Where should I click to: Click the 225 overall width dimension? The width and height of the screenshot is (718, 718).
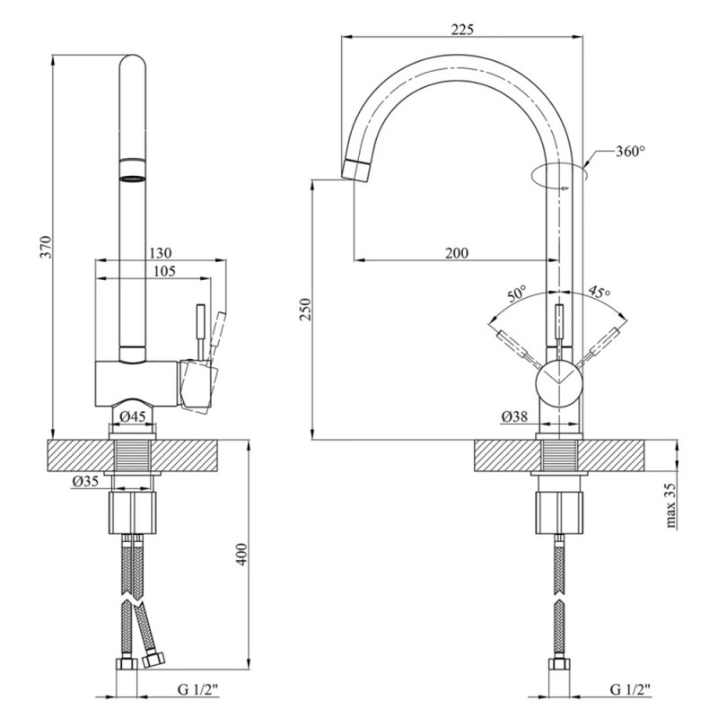point(461,29)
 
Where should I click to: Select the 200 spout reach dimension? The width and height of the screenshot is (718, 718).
point(456,253)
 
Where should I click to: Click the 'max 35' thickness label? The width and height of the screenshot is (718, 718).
point(670,508)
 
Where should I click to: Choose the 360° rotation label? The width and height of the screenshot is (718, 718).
point(630,152)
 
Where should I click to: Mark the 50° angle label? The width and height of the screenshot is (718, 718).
point(516,293)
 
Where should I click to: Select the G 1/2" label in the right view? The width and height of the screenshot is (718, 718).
point(630,690)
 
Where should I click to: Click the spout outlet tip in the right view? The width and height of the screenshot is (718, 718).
point(356,169)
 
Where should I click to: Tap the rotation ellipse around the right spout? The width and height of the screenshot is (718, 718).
point(558,176)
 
